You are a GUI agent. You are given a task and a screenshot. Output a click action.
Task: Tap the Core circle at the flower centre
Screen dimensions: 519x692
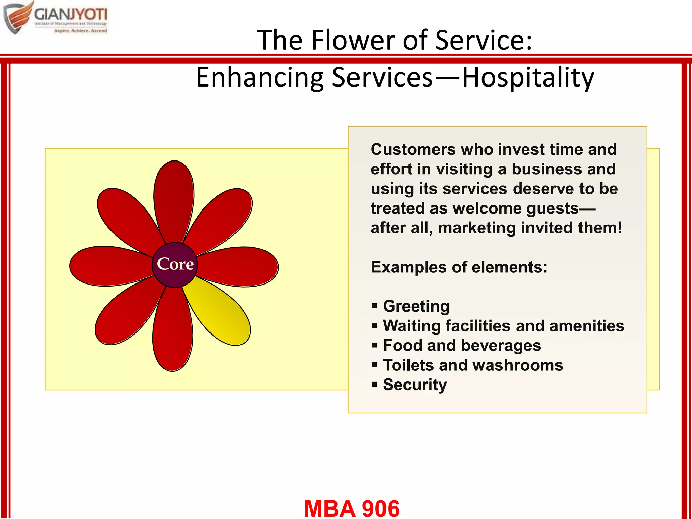click(x=175, y=265)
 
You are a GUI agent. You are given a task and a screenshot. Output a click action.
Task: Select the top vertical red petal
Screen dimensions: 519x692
click(x=174, y=199)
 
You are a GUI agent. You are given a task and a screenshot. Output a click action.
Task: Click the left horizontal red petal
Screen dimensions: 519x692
click(x=108, y=266)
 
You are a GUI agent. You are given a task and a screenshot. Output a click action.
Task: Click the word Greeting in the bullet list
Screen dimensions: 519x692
click(x=416, y=306)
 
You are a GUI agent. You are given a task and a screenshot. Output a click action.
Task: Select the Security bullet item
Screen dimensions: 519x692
click(x=415, y=385)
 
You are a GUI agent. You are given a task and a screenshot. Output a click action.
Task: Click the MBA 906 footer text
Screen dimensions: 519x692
click(x=352, y=508)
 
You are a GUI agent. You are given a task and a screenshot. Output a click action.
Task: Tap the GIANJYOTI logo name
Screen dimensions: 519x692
click(x=71, y=15)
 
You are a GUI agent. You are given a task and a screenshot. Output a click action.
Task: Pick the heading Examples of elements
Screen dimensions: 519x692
click(x=459, y=267)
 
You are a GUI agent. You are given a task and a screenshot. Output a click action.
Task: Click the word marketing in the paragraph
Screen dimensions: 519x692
click(x=477, y=228)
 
